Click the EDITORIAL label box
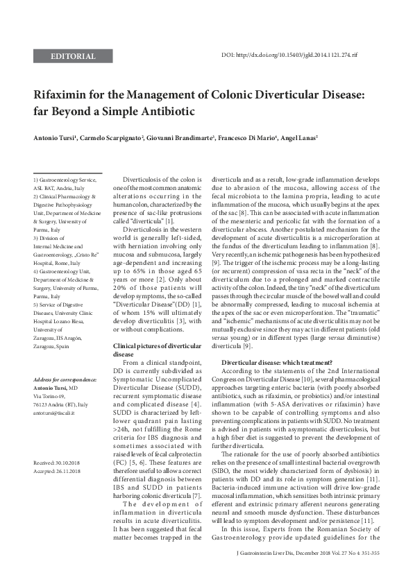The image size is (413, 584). (73, 55)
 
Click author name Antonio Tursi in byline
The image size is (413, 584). (57, 139)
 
